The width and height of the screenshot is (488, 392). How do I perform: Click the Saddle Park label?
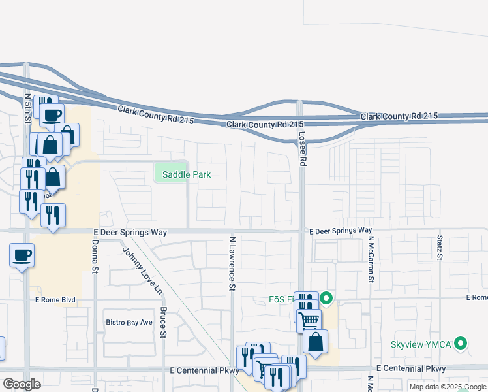[x=187, y=174]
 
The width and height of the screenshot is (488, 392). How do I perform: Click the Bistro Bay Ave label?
[x=129, y=322]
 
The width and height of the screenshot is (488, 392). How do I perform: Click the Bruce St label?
[x=164, y=322]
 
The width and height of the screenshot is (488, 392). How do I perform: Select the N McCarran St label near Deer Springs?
[x=370, y=259]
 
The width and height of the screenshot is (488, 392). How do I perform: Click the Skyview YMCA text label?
[x=422, y=344]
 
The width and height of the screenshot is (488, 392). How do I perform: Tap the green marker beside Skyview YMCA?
[x=462, y=343]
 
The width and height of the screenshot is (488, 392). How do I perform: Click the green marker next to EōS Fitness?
[x=327, y=299]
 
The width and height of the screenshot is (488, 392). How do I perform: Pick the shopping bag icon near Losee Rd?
[x=315, y=342]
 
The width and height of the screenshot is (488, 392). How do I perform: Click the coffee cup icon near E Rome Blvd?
[x=22, y=254]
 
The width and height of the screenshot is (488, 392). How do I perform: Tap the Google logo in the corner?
[x=22, y=384]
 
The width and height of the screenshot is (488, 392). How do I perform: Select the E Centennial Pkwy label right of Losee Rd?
[x=411, y=369]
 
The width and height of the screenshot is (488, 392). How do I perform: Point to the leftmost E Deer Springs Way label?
[x=130, y=232]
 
